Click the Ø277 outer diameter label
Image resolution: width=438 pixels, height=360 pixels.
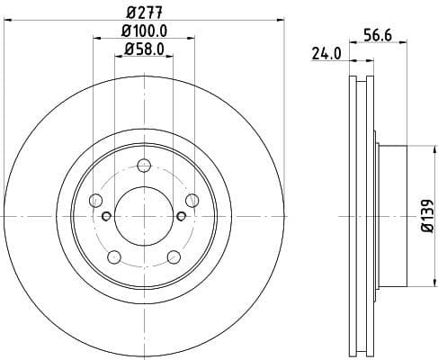144,12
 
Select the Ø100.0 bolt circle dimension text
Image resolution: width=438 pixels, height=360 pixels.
144,34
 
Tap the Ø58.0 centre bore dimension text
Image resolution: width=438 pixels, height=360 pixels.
144,50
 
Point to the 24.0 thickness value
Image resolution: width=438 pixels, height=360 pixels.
327,53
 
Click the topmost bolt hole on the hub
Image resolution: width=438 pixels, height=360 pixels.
144,165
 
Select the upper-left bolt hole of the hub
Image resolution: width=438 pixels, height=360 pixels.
95,200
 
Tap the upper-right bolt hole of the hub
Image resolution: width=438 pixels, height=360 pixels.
192,200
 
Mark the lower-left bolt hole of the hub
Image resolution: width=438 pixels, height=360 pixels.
114,256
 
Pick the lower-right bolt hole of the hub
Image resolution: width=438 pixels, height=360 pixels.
174,256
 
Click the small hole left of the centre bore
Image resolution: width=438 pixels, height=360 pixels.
107,216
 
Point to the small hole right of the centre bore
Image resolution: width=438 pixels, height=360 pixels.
181,216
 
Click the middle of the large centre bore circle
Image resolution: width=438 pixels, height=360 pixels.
144,216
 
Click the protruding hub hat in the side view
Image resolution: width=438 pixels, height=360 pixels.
390,217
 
